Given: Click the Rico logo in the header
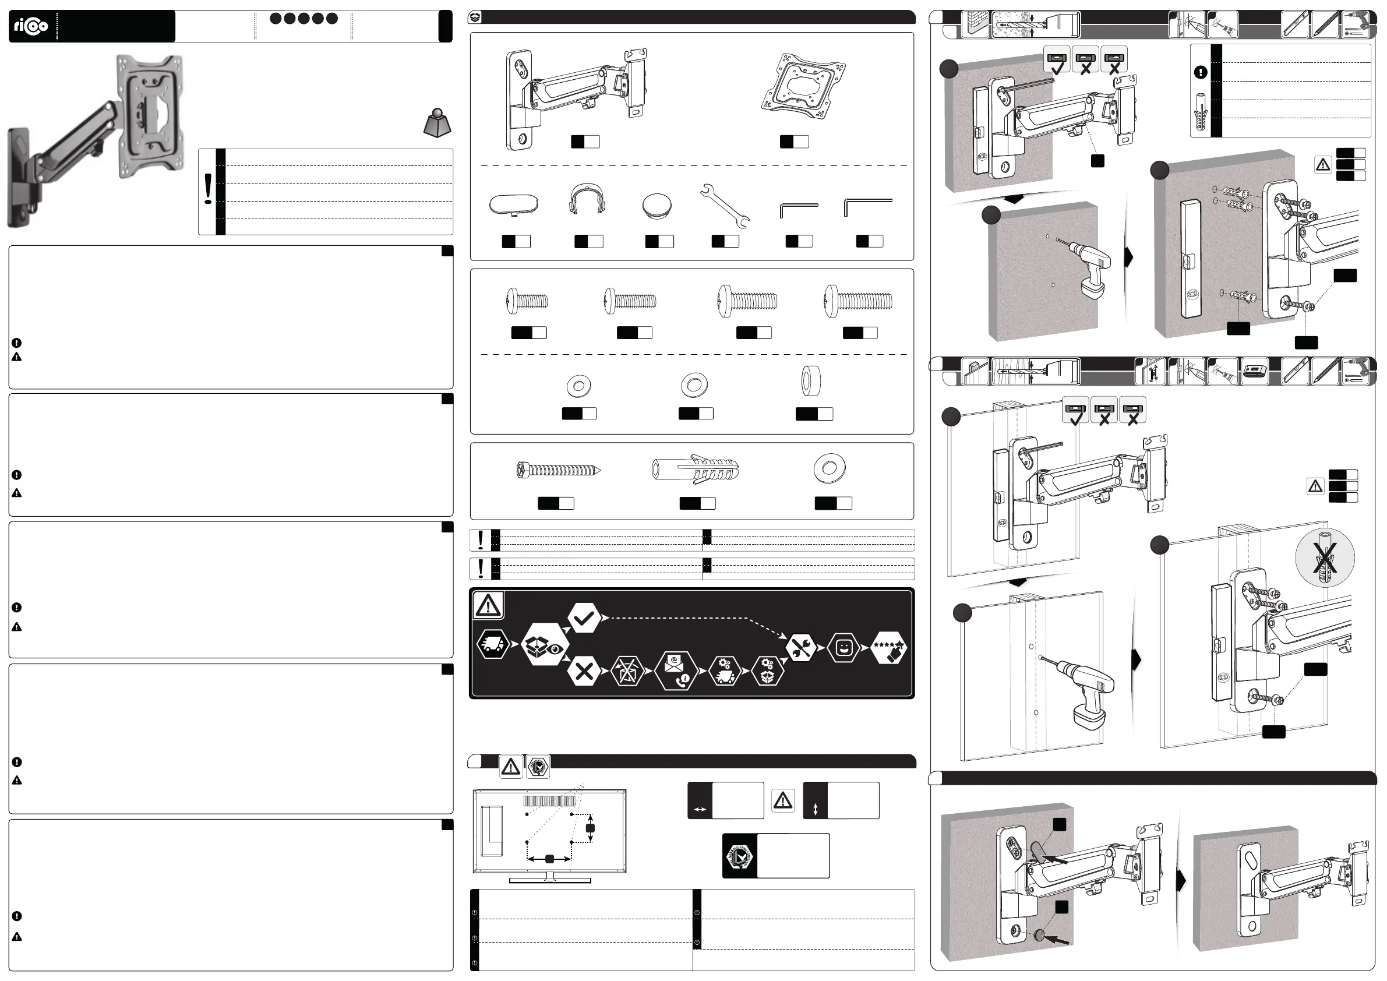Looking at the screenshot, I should coord(31,27).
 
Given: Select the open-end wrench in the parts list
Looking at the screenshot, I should coord(725,206).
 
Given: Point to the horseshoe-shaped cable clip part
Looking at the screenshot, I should coord(587,200).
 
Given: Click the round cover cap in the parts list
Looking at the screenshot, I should coord(657,206).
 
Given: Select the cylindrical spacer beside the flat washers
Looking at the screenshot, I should coord(811,381).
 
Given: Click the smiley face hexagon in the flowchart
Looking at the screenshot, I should coord(843,648).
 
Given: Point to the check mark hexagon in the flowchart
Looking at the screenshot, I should coord(584,617).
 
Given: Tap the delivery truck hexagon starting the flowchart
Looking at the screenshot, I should coord(492,644).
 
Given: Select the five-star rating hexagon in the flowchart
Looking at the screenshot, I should coord(889,648).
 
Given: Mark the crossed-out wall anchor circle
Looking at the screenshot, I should coord(1325,557).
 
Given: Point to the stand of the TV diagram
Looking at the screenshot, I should coord(550,878).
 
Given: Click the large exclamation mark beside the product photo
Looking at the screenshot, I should coord(209,189).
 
